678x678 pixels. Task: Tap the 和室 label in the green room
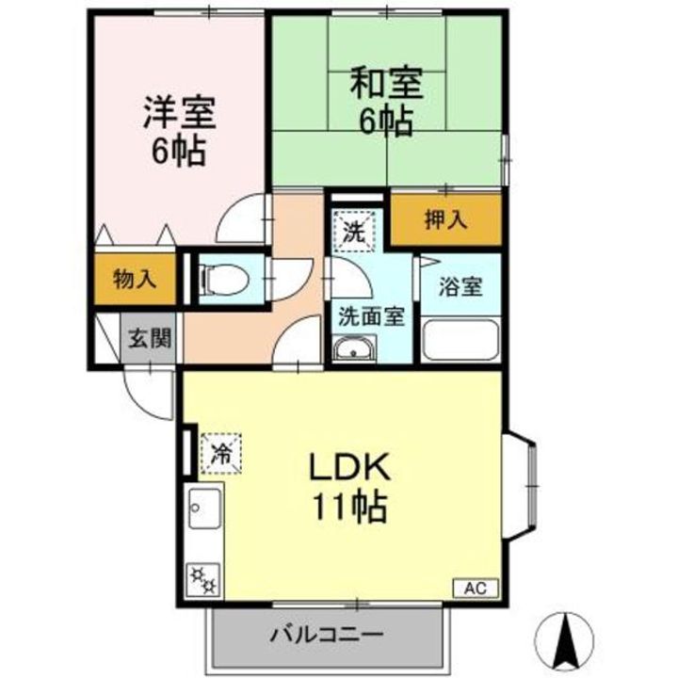click(387, 83)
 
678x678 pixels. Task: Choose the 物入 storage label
click(134, 279)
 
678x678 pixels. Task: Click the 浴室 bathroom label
click(460, 286)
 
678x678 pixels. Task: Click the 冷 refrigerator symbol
click(219, 450)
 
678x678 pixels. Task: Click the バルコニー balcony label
click(327, 633)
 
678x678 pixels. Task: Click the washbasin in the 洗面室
click(356, 352)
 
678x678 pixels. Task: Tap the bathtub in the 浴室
click(460, 339)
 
